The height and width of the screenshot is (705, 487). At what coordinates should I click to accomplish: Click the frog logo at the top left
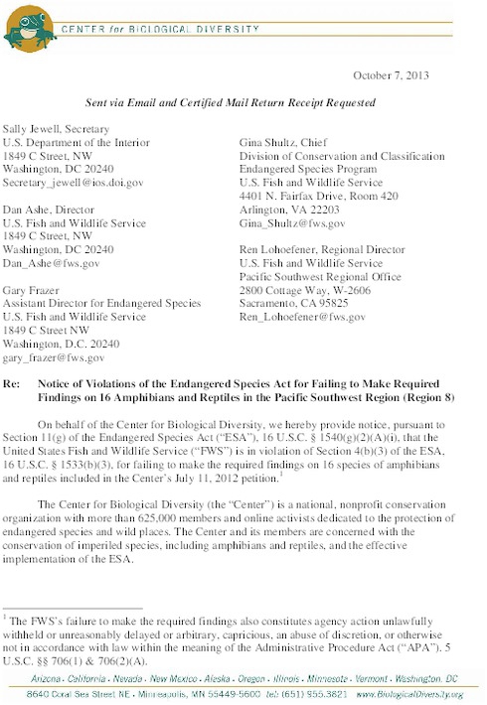point(27,27)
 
